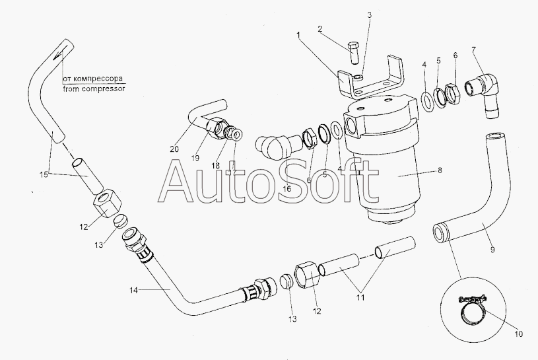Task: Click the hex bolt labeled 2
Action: (353, 53)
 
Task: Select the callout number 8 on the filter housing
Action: (440, 170)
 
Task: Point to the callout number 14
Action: (133, 291)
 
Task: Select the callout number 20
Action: (174, 149)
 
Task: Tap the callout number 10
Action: (518, 334)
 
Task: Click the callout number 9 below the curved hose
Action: (492, 250)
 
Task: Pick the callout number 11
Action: (360, 297)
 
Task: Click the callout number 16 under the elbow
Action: (286, 188)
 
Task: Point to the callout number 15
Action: (44, 174)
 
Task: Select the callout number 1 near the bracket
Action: (298, 34)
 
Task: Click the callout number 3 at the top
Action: (369, 15)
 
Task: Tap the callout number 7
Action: (474, 50)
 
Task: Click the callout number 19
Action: (195, 159)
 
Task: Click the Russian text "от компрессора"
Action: (92, 79)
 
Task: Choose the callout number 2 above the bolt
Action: (319, 29)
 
